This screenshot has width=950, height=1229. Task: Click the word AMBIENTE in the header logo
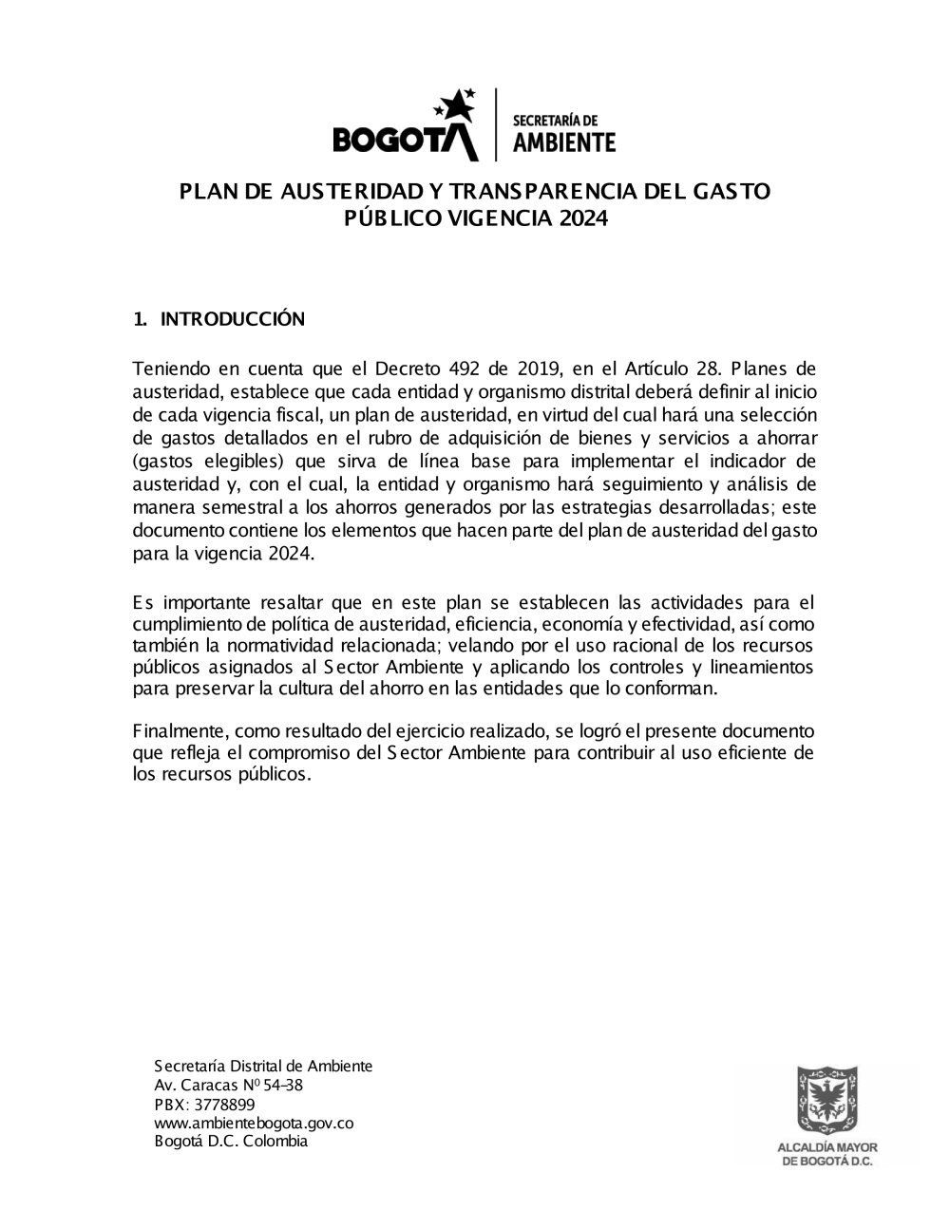(x=563, y=142)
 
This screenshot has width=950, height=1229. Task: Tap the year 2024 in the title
(x=582, y=219)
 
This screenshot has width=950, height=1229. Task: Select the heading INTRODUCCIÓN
(x=233, y=319)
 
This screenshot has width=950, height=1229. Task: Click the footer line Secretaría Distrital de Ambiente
(x=263, y=1066)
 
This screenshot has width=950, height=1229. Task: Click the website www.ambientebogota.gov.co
(x=254, y=1123)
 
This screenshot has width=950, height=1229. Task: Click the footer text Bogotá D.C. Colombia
(x=231, y=1142)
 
